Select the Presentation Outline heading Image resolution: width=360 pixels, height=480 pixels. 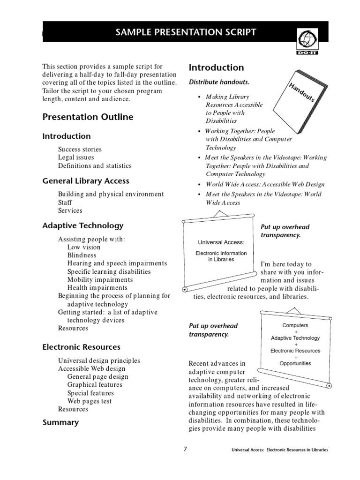tap(88, 117)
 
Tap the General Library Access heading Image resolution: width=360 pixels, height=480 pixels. tap(86, 180)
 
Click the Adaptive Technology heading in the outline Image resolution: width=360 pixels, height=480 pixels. tap(83, 225)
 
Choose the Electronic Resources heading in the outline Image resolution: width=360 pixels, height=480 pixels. tap(81, 347)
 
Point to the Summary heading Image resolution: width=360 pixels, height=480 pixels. tap(60, 422)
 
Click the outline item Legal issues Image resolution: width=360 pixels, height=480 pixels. tap(76, 157)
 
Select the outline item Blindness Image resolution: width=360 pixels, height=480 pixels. tap(82, 255)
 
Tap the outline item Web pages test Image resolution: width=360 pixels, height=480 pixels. tap(90, 401)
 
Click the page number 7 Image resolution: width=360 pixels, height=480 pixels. tap(185, 449)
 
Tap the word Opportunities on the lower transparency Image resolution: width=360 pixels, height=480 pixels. tap(295, 363)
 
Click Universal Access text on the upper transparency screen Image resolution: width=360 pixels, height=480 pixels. tap(221, 242)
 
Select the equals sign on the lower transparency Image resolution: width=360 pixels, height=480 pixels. tap(295, 357)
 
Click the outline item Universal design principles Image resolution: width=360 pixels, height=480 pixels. tap(99, 360)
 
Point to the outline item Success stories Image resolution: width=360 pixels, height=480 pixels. tap(80, 150)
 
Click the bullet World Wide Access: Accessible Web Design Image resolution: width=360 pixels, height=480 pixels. tap(265, 184)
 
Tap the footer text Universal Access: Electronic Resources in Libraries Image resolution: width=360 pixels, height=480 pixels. tap(280, 450)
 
